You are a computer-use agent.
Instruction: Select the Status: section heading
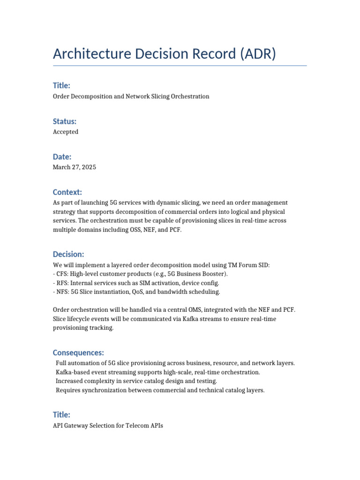65,121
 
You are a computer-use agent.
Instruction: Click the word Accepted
66,132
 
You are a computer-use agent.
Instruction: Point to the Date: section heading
62,157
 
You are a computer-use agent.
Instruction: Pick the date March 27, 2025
75,167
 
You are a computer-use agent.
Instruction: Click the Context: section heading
67,192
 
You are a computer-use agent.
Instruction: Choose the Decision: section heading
68,254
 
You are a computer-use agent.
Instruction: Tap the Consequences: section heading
78,352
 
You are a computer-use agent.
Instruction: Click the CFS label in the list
62,274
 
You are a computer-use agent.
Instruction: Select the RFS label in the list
62,283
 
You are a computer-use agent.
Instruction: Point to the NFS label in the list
62,292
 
